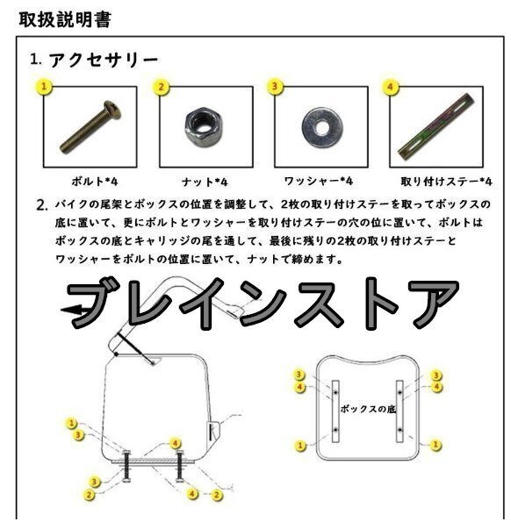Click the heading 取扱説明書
[x=65, y=19]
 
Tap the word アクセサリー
[x=104, y=61]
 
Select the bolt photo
[x=90, y=126]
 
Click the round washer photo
[x=322, y=127]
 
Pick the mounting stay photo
[x=436, y=127]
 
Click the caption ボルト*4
[x=95, y=182]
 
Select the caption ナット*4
[x=205, y=182]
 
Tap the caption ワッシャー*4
[x=319, y=182]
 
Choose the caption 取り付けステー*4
[x=447, y=182]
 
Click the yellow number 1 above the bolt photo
[x=44, y=87]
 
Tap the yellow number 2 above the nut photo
[x=161, y=87]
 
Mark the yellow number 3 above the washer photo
[x=275, y=86]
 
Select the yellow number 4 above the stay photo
[x=390, y=87]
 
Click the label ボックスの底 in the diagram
[x=368, y=409]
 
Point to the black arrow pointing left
[x=73, y=310]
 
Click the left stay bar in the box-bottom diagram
[x=335, y=411]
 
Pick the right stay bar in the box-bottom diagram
[x=399, y=411]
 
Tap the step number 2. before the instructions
[x=42, y=205]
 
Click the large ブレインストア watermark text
[x=263, y=304]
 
